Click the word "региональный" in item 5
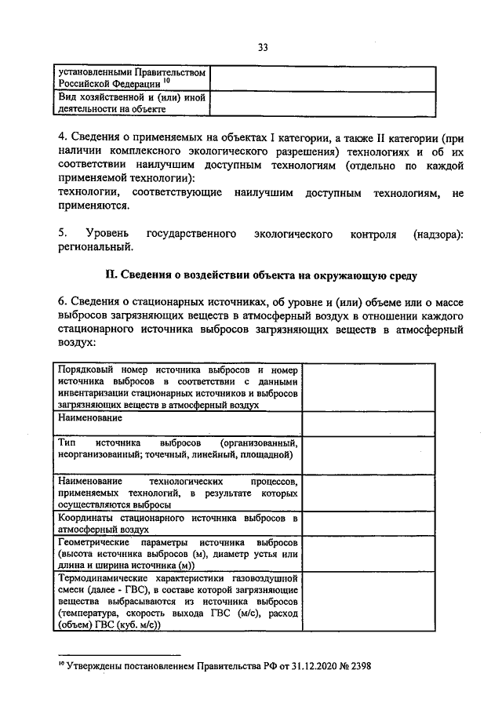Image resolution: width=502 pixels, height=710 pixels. pos(96,248)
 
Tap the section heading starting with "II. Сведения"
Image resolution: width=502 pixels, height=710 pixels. pos(261,275)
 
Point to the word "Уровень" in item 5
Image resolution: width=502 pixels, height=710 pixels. pos(99,234)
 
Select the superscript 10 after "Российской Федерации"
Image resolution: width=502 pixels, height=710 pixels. pos(167,81)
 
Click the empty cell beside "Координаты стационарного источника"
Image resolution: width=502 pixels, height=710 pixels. pos(369,523)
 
